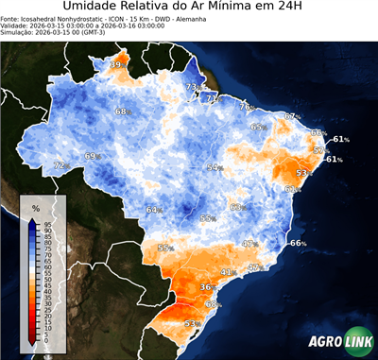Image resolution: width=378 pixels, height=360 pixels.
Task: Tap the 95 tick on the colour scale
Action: coord(47,222)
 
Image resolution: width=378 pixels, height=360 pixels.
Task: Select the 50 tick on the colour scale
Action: coord(47,280)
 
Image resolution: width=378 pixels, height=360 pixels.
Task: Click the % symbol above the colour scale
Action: coord(35,207)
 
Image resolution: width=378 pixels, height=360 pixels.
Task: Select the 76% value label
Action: coord(246,107)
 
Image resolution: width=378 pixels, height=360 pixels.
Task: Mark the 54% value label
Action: coord(215,167)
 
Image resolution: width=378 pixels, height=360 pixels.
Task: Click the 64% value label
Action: coord(153,210)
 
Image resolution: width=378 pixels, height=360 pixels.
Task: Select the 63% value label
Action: coord(237,207)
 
